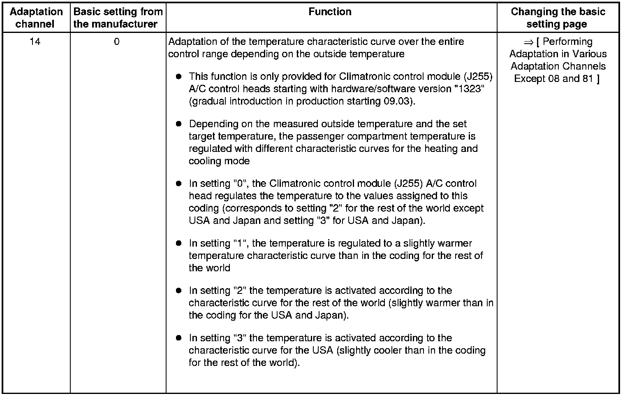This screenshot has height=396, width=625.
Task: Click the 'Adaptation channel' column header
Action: tap(36, 18)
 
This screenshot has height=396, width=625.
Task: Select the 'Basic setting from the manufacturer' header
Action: tap(118, 18)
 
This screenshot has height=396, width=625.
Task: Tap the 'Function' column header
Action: tap(330, 12)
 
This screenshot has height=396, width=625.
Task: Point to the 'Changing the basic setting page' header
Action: tap(558, 18)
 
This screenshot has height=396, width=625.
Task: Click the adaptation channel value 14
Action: tap(35, 42)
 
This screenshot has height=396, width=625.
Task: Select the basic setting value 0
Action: tap(117, 42)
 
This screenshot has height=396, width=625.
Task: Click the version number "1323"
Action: tap(469, 89)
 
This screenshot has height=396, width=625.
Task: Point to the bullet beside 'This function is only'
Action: tap(178, 77)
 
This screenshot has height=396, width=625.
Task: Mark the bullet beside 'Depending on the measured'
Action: tap(178, 124)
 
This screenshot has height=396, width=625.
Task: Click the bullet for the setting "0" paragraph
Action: tap(178, 184)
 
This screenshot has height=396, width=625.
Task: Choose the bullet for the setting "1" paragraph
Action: tap(178, 243)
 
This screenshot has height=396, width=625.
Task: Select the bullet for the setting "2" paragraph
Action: tap(178, 291)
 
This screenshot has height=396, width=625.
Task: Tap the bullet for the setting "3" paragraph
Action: tap(178, 338)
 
